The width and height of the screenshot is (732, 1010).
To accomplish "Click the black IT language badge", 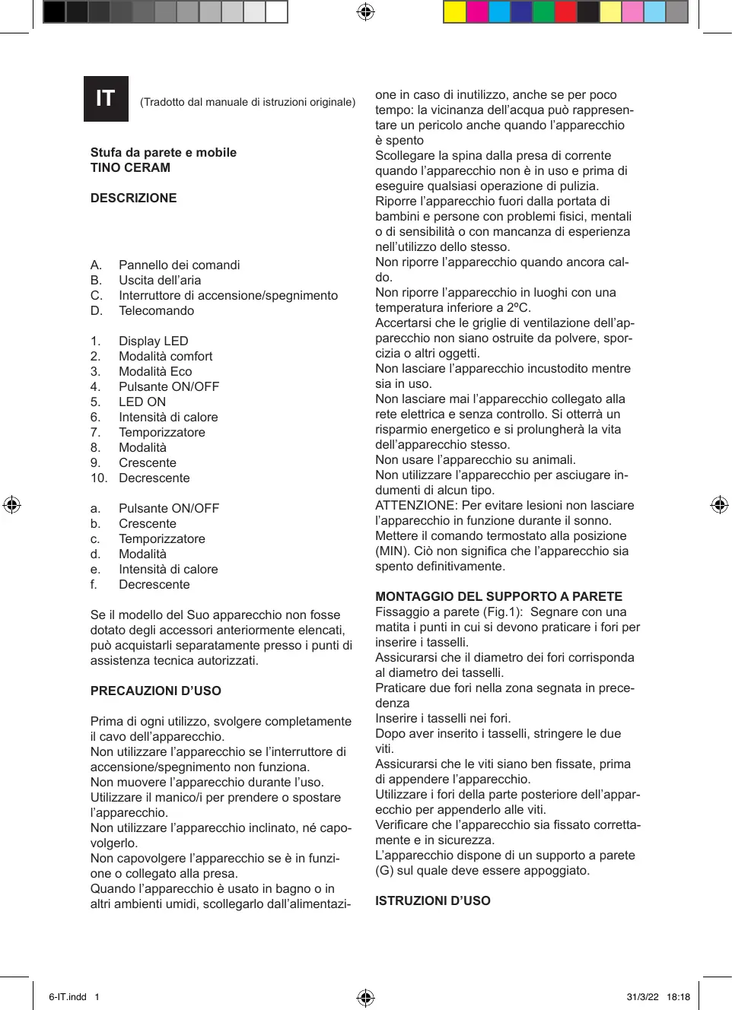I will click(x=106, y=99).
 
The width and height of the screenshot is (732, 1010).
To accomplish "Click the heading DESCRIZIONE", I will click(x=133, y=198).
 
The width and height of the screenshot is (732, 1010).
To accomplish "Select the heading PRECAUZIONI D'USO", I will click(x=155, y=691).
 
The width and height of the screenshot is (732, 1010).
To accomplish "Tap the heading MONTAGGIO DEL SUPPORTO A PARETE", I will click(x=498, y=596).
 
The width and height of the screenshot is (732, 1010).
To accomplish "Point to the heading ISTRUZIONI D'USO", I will click(x=432, y=900).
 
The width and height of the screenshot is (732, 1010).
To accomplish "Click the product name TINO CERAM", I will click(x=130, y=167).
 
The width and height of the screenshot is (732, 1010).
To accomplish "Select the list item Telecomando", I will click(x=156, y=310).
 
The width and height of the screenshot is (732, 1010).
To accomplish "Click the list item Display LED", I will click(x=153, y=341).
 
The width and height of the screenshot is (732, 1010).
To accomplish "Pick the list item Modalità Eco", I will click(x=155, y=371).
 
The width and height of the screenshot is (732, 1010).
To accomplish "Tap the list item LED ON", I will click(x=142, y=402).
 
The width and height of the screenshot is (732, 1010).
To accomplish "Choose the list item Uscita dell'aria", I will click(x=160, y=280).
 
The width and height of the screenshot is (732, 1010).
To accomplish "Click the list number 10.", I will click(x=98, y=478).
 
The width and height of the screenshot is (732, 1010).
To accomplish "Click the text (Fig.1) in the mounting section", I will click(x=503, y=611).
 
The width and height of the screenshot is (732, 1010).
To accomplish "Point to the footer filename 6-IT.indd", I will click(x=68, y=997).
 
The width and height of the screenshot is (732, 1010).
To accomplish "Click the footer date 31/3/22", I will click(x=642, y=997).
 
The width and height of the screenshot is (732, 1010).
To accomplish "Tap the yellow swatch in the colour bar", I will click(x=454, y=12).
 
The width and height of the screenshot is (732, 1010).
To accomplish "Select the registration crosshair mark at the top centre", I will click(x=365, y=12).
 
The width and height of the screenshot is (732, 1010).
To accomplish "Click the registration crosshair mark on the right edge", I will click(x=719, y=505).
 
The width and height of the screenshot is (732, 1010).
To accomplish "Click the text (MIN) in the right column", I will click(x=391, y=551).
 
